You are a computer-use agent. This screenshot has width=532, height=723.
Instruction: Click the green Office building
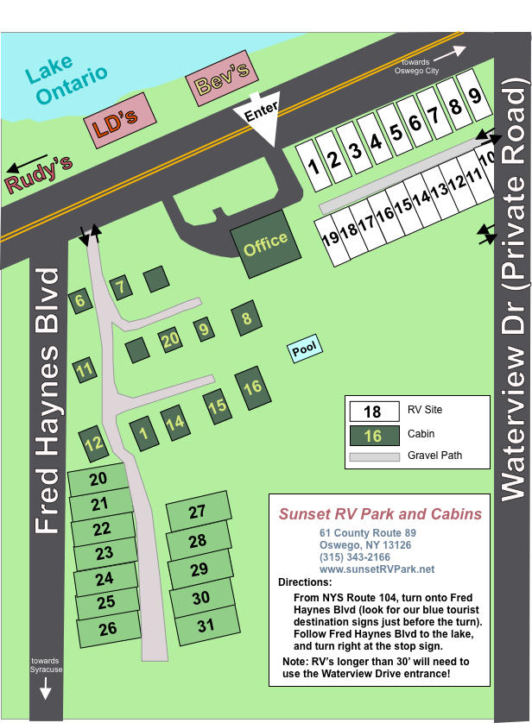265,244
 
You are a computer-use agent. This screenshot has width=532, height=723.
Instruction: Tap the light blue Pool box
304,349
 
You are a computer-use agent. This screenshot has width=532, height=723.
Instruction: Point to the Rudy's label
38,173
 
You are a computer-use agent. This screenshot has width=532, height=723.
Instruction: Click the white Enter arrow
261,118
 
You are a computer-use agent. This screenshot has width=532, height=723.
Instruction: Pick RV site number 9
474,97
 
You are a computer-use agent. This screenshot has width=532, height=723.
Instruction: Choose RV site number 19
329,239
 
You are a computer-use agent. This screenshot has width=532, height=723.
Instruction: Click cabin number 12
94,444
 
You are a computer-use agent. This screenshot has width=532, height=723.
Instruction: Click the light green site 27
198,512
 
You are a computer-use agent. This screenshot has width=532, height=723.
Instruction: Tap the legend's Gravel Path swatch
374,456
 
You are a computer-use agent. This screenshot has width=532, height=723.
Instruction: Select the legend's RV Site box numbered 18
372,412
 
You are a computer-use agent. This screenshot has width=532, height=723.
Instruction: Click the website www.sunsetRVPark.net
377,569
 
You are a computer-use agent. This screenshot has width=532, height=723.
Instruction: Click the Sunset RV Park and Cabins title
380,514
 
